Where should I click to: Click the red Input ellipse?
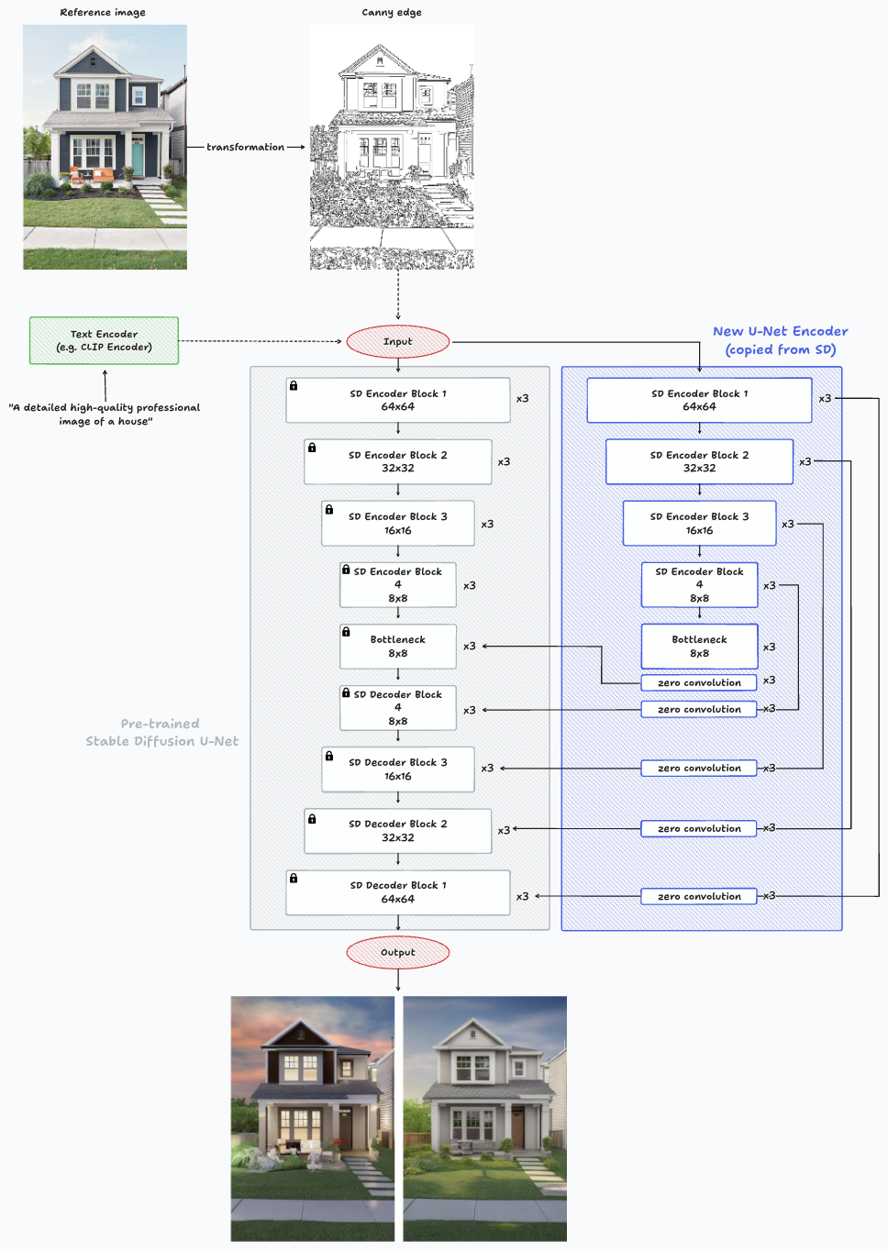[x=397, y=341]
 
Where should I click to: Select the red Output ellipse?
[x=397, y=952]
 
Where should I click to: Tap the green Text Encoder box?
[x=104, y=340]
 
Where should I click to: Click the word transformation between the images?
[x=245, y=147]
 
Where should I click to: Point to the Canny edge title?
[x=392, y=12]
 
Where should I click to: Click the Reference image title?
[x=103, y=12]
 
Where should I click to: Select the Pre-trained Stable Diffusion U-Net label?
[x=161, y=732]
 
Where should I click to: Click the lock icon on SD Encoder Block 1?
[x=294, y=386]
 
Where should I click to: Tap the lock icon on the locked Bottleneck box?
[x=346, y=632]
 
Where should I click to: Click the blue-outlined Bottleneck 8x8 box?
[x=699, y=647]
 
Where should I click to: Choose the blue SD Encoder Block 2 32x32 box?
[x=699, y=461]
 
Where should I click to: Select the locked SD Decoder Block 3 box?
[x=397, y=769]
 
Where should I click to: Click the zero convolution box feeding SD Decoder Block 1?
[x=699, y=896]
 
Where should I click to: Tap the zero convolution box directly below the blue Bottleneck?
[x=699, y=682]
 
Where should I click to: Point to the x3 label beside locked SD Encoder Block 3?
[x=487, y=524]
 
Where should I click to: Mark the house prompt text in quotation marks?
[x=105, y=414]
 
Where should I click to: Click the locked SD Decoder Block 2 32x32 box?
[x=397, y=830]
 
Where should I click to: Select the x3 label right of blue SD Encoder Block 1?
[x=825, y=398]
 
